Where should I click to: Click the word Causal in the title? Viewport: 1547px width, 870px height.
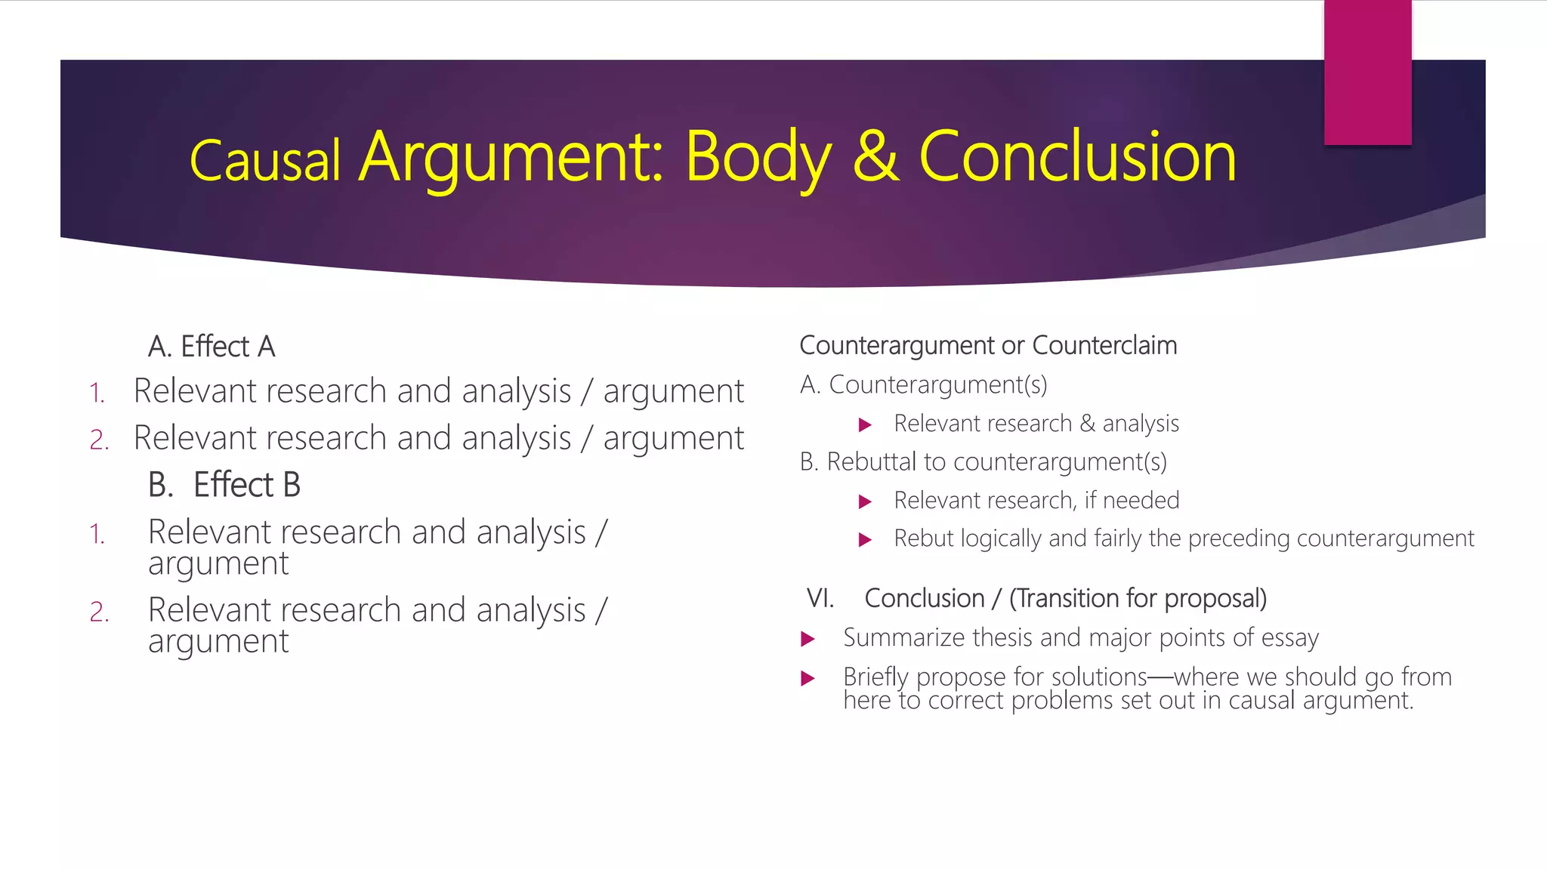(x=264, y=161)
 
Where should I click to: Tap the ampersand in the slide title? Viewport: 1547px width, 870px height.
(x=876, y=156)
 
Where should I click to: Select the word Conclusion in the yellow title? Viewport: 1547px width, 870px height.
(x=1077, y=156)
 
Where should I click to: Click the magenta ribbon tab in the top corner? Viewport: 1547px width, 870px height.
(x=1367, y=72)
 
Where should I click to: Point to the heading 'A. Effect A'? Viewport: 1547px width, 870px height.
(x=212, y=347)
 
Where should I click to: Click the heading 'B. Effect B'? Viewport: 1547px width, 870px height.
(x=224, y=485)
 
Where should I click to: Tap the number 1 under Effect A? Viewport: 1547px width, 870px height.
(x=97, y=393)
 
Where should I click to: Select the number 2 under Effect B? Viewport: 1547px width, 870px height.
(x=99, y=612)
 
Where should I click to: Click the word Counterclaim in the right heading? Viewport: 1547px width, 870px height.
(x=1104, y=345)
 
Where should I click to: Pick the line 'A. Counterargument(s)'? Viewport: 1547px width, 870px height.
(x=923, y=385)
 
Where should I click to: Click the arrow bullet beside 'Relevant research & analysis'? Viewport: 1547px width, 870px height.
(x=866, y=425)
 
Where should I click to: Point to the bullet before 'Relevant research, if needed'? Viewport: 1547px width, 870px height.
(x=866, y=501)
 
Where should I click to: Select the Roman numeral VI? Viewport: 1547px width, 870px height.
(x=820, y=598)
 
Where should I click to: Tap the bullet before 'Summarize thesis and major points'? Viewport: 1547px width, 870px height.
(x=807, y=639)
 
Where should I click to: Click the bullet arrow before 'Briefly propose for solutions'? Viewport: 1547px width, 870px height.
(x=807, y=678)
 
